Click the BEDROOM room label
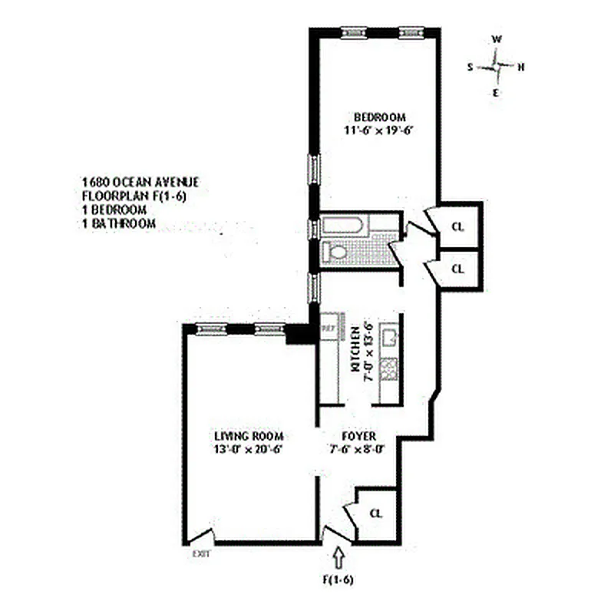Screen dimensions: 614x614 (378, 117)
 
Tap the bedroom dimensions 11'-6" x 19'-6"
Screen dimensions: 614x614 (378, 130)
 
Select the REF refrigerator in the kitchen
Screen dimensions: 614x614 (328, 328)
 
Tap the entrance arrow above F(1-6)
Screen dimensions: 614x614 (341, 556)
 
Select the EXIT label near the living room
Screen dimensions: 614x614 (200, 553)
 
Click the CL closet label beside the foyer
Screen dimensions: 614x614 (375, 513)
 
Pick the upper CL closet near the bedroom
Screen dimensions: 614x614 (457, 227)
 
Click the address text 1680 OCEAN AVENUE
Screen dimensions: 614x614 (140, 182)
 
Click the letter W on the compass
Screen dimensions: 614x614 (497, 39)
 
